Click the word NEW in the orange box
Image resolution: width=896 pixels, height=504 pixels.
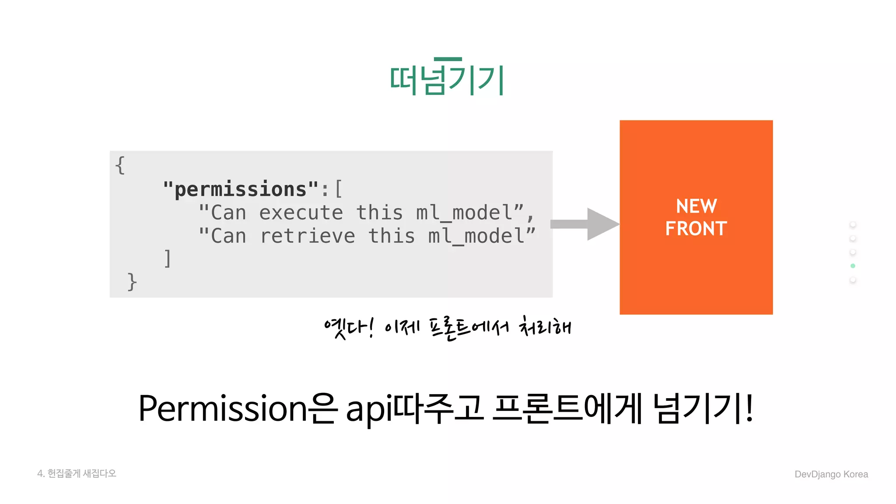(x=696, y=206)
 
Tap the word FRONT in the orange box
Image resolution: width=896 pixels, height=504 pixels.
(x=696, y=229)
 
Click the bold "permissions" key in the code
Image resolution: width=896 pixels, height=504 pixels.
(x=240, y=189)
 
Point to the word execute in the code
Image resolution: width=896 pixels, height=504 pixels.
(x=301, y=213)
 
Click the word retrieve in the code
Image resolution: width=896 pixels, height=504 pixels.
(x=307, y=236)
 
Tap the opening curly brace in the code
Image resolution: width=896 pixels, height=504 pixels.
(x=120, y=165)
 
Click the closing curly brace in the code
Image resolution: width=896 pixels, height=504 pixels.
(x=132, y=281)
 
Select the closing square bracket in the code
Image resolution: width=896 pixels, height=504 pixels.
(x=167, y=259)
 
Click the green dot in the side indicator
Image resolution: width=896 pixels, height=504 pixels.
(x=853, y=266)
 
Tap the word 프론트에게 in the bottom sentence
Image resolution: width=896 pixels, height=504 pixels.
(x=567, y=408)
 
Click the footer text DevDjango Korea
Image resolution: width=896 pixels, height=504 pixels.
(x=831, y=474)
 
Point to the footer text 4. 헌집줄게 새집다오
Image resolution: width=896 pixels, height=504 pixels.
(x=77, y=473)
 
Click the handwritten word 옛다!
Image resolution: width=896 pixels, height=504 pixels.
(x=349, y=328)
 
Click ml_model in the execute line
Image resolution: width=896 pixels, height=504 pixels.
(x=464, y=213)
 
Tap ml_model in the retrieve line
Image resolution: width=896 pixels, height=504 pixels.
(x=476, y=236)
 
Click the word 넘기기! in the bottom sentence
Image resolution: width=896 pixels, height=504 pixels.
(x=703, y=408)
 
